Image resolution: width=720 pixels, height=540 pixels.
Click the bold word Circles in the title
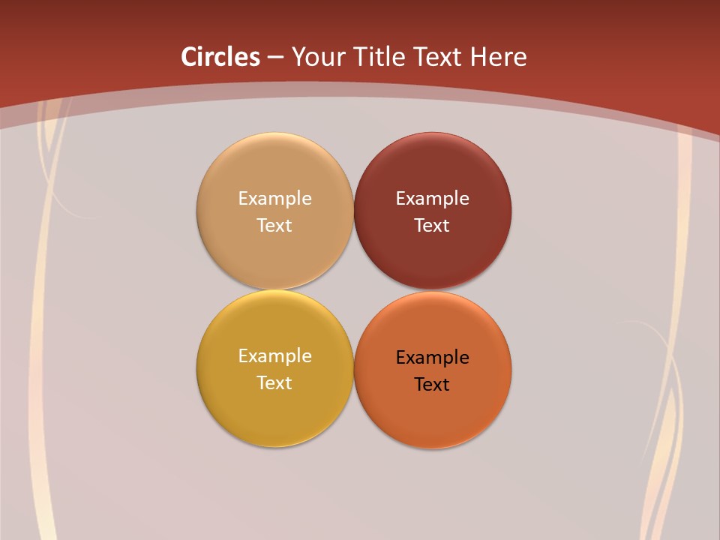click(220, 57)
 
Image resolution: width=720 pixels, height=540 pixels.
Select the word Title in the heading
click(381, 57)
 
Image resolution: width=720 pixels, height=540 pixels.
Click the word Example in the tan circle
click(274, 199)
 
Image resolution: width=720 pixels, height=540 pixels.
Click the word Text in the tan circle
click(274, 226)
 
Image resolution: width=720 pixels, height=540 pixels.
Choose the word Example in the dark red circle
click(432, 199)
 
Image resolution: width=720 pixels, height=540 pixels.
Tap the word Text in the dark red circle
click(432, 226)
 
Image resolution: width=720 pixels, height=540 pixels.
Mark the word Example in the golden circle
click(274, 356)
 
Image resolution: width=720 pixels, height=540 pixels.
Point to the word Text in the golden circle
click(274, 383)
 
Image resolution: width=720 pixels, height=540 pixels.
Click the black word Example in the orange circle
click(432, 358)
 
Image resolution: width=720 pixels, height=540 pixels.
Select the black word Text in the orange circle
click(432, 385)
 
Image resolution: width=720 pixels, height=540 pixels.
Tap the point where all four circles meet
click(354, 290)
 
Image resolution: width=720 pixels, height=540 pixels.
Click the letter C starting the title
click(188, 57)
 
